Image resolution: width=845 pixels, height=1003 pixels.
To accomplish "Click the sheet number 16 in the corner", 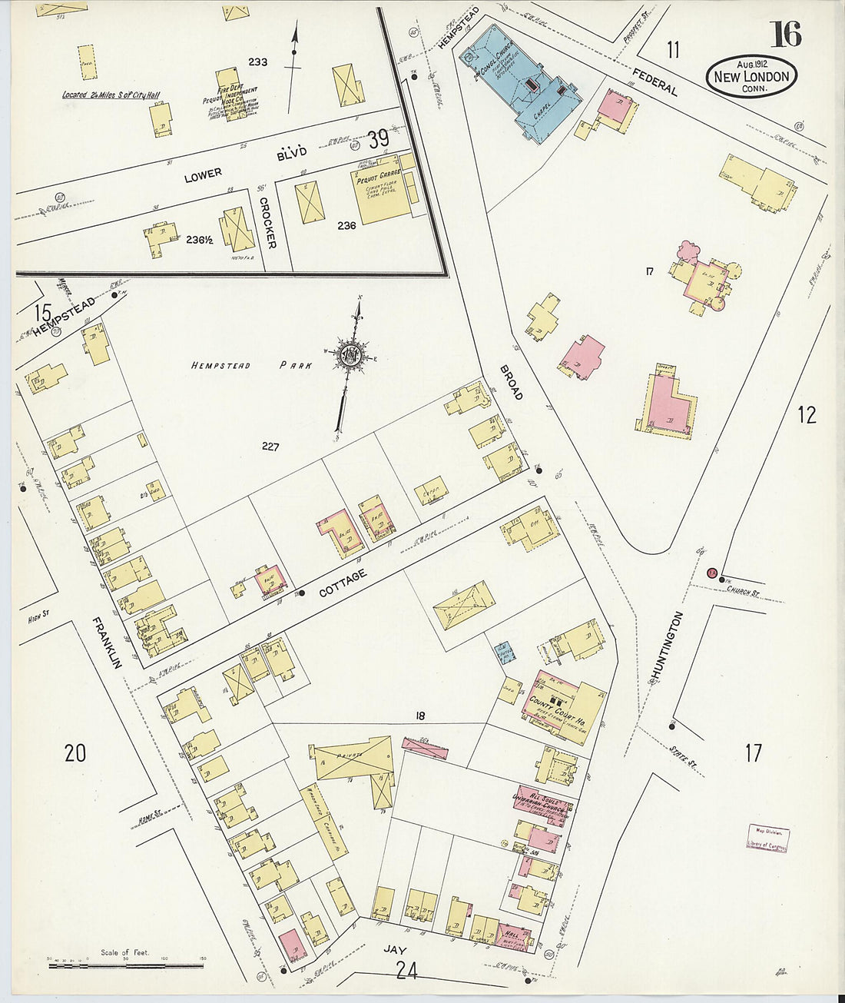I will (x=785, y=34).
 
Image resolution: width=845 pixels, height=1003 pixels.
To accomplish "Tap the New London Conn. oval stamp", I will (x=751, y=76).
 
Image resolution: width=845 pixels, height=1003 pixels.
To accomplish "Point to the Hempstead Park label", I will (x=251, y=366).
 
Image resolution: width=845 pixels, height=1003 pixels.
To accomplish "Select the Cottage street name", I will (x=343, y=583).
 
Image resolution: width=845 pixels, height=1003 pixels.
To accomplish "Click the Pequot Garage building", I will (x=379, y=193).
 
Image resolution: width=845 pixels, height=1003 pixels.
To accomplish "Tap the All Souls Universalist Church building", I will (x=544, y=803).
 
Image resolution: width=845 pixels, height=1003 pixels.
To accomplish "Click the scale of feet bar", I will (x=125, y=964).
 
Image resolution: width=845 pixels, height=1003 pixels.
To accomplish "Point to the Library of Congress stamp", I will (x=767, y=838).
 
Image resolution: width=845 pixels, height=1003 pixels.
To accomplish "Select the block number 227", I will (x=270, y=446).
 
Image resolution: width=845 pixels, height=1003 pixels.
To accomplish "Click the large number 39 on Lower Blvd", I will (x=377, y=139).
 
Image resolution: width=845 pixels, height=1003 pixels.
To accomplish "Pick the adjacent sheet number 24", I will (x=406, y=971).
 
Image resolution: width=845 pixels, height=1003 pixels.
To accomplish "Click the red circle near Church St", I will (x=711, y=572).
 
